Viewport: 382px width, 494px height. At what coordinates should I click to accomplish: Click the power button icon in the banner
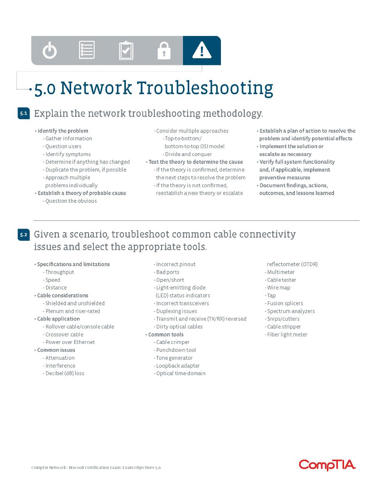(x=50, y=51)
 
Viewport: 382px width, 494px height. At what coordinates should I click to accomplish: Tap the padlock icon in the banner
(x=164, y=51)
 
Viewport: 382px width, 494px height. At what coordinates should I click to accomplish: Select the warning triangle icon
(x=202, y=50)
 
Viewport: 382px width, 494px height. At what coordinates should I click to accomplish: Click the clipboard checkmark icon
(x=126, y=50)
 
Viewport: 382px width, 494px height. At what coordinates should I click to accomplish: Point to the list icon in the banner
(x=87, y=50)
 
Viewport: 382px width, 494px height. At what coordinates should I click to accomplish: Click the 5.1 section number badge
(x=23, y=113)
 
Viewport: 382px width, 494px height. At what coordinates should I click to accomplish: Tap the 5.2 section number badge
(x=23, y=234)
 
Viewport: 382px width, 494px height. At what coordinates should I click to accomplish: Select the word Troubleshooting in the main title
(x=205, y=88)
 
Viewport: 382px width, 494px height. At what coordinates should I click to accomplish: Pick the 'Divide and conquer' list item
(x=187, y=154)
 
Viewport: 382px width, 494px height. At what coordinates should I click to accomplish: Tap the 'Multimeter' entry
(x=280, y=272)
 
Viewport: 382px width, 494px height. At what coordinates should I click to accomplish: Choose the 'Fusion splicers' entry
(x=284, y=303)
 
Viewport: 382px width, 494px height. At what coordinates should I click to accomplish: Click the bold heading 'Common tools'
(x=164, y=335)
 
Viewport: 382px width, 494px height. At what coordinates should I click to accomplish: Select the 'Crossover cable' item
(x=63, y=335)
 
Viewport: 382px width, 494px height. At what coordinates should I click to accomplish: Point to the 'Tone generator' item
(x=173, y=358)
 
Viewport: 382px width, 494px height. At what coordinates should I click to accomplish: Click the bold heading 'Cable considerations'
(x=61, y=295)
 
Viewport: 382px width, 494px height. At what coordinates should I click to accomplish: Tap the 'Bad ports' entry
(x=167, y=272)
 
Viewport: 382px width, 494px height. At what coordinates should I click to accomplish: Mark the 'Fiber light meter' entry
(x=286, y=335)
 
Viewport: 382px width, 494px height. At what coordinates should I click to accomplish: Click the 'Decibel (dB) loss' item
(x=63, y=373)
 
